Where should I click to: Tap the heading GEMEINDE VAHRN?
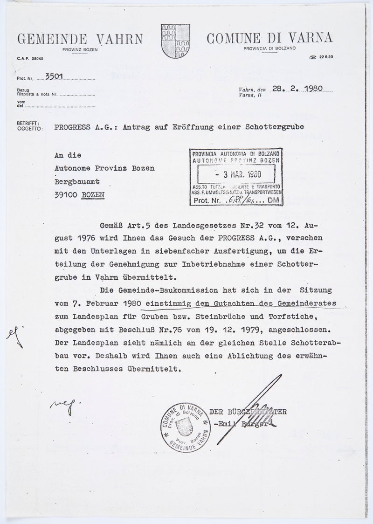pyautogui.click(x=80, y=39)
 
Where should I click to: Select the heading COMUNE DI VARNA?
pyautogui.click(x=269, y=38)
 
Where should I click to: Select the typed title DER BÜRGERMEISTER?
pyautogui.click(x=248, y=413)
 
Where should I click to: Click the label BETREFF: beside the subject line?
pyautogui.click(x=25, y=123)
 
